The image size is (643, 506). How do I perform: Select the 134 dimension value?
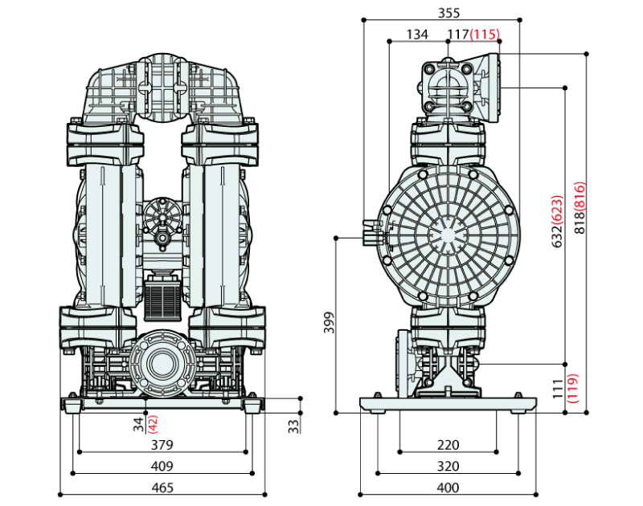[417, 35]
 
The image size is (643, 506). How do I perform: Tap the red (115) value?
[485, 35]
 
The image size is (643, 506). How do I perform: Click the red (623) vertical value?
[556, 210]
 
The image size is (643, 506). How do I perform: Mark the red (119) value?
[572, 390]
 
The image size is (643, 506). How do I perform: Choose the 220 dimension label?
[448, 445]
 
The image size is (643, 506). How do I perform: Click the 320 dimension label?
[448, 467]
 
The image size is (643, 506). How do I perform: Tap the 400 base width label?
[448, 488]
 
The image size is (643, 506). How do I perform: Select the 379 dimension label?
[162, 445]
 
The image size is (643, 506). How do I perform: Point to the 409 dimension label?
[162, 467]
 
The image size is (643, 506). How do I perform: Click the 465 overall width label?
[162, 488]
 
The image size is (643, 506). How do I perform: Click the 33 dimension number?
[293, 423]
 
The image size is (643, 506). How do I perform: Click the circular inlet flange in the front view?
[162, 364]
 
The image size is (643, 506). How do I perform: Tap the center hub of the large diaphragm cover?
[447, 235]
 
